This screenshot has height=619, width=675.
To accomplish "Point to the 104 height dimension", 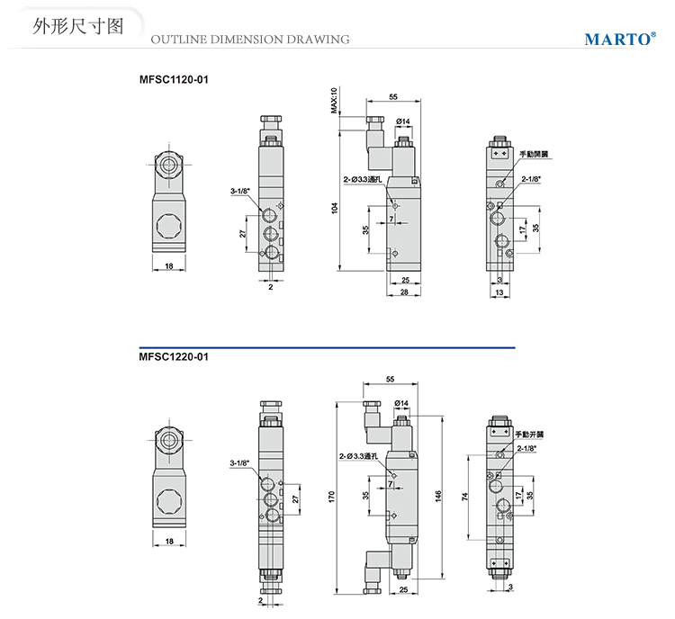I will (335, 208).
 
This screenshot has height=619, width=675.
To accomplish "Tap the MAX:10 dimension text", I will (333, 101).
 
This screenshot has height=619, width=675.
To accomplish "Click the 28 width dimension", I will (404, 292).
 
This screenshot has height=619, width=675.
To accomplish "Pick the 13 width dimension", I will (499, 292).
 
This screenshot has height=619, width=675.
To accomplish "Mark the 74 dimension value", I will (465, 496).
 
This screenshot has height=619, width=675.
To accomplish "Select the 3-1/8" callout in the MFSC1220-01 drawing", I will (239, 463).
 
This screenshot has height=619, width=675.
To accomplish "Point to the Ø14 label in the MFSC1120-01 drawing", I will (402, 121).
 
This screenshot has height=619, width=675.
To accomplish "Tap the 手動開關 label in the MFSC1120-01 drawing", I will (534, 154).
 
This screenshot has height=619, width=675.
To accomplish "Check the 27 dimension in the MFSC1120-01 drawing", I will (242, 234).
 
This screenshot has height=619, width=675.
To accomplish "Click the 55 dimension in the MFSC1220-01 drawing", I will (390, 379).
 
